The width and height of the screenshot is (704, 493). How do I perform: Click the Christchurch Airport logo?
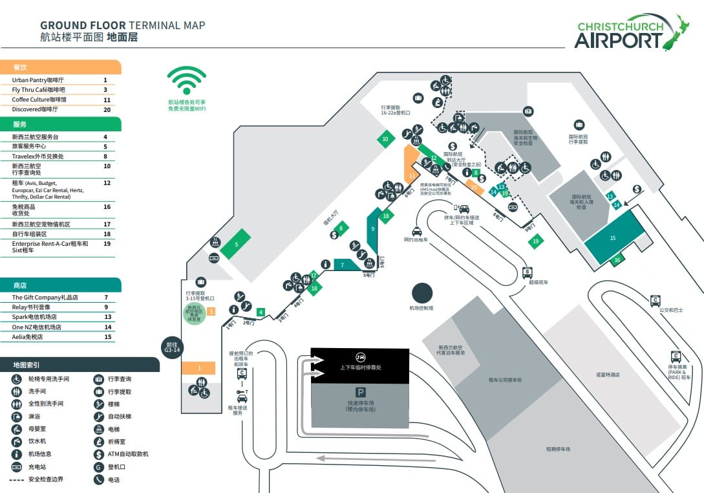[x=631, y=33]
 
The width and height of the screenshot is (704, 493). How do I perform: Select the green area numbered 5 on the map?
[x=237, y=245]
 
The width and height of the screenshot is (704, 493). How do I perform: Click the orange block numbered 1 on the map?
[x=198, y=368]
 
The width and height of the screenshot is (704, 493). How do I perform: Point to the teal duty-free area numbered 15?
[x=613, y=237]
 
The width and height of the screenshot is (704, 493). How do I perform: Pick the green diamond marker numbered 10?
[x=385, y=138]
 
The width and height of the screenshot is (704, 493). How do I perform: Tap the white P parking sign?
[x=359, y=392]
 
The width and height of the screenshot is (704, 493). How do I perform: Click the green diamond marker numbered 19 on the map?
[x=535, y=241]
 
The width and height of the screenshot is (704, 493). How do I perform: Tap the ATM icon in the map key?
[x=99, y=454]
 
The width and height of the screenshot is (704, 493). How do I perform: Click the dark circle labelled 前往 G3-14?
[x=171, y=348]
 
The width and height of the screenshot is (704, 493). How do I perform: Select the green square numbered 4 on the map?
[x=261, y=312]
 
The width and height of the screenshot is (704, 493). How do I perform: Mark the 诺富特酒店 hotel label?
[x=608, y=375]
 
